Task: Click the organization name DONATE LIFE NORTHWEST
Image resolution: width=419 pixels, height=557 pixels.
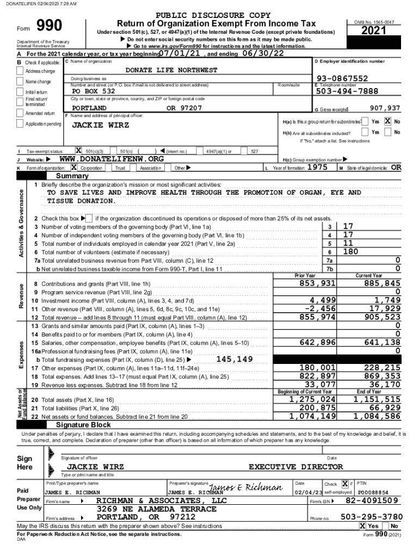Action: click(171, 70)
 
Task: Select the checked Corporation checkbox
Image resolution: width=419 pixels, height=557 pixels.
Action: click(74, 168)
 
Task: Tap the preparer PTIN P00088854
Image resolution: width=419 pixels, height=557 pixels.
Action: click(373, 492)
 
